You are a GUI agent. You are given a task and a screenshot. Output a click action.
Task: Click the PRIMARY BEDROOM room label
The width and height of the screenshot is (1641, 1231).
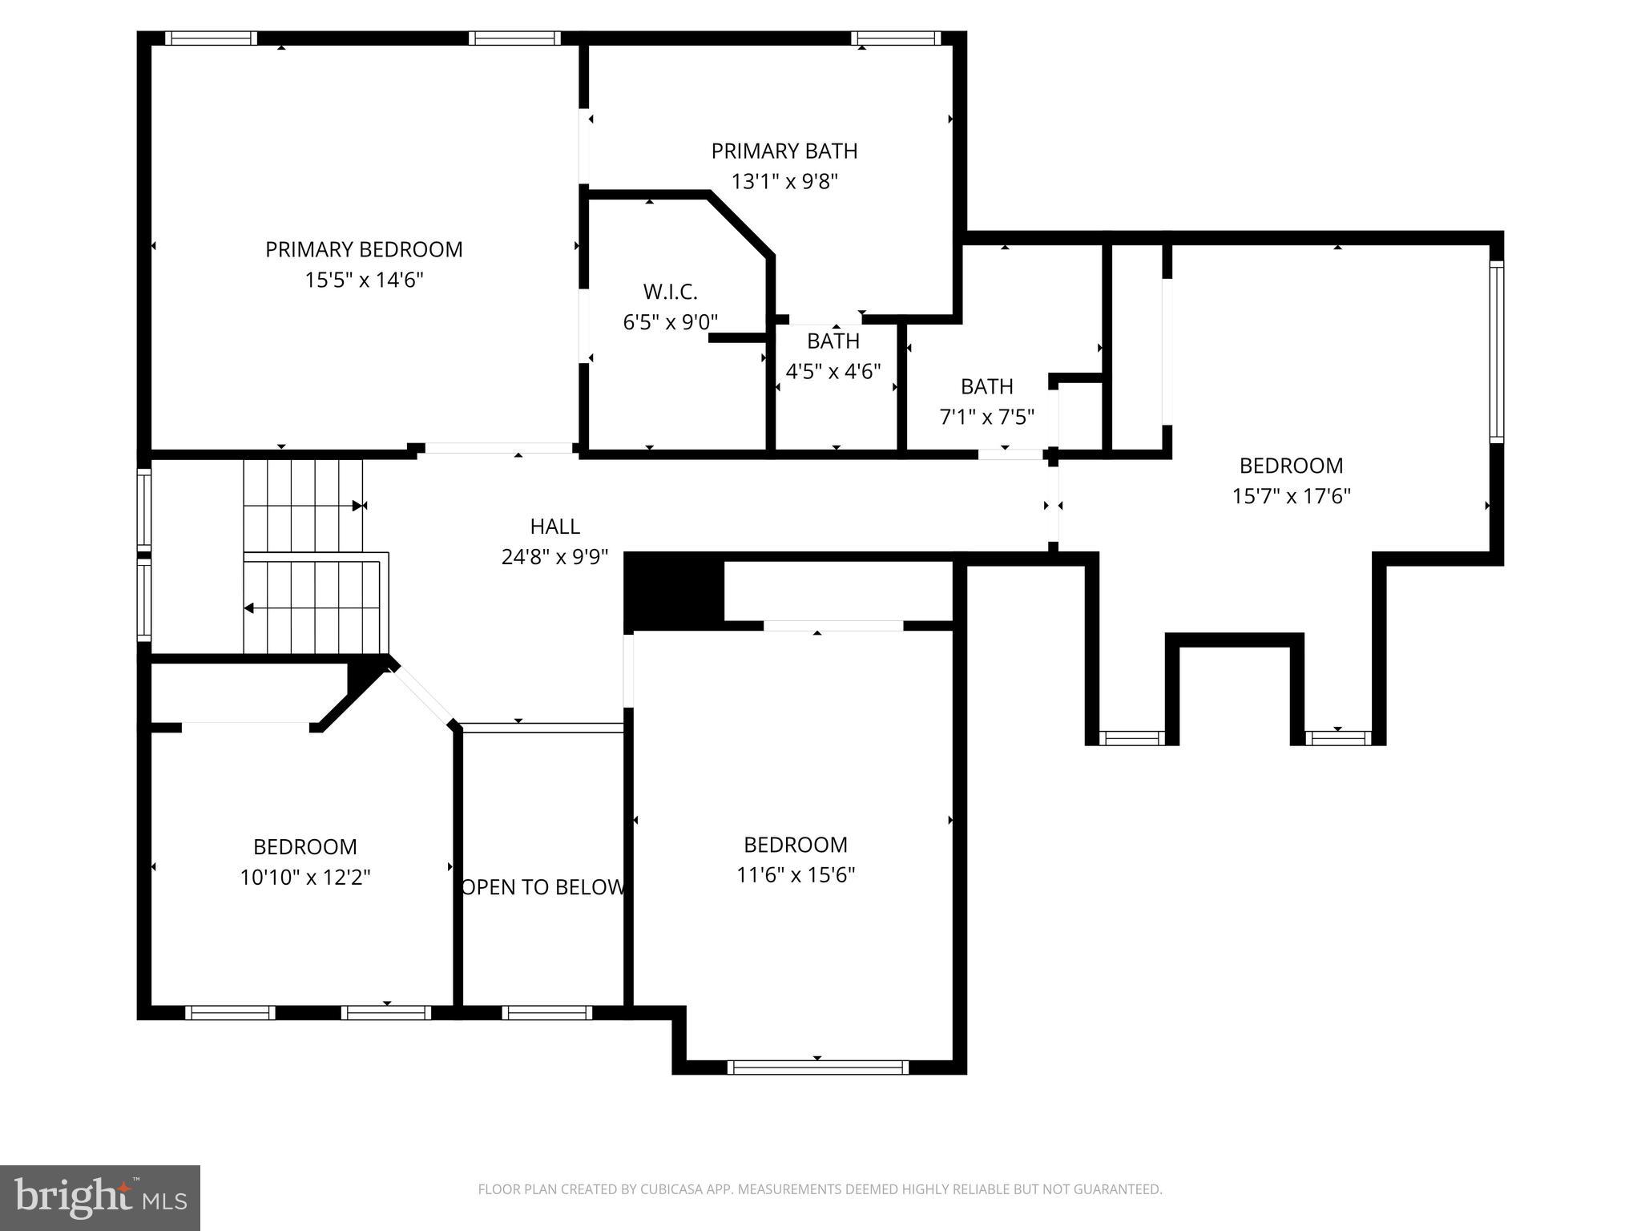point(364,249)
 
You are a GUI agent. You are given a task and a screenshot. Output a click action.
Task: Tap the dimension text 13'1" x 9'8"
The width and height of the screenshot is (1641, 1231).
point(784,181)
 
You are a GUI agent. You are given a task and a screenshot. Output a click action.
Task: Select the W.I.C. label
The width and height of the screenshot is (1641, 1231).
point(670,292)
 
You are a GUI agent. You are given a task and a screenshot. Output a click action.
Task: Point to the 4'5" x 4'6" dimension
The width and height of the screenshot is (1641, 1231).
point(833,371)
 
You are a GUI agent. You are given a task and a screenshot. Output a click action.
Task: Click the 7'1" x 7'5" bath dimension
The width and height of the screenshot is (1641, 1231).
point(986,417)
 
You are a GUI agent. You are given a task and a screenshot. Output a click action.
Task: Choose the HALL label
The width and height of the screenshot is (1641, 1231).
point(554,527)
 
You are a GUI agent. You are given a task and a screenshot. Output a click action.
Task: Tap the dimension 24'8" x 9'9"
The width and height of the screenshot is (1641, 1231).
point(554,556)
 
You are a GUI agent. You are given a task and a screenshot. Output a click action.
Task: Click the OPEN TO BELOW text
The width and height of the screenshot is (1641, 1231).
point(543,887)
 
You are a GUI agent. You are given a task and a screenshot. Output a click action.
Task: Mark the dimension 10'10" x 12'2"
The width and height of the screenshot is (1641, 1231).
point(305,878)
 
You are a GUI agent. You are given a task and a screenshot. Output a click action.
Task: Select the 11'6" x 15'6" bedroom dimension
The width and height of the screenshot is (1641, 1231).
point(796,874)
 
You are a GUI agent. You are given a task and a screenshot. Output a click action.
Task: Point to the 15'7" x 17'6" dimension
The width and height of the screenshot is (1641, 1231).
point(1291,496)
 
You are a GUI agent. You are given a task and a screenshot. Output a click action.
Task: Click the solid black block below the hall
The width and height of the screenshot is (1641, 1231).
point(674,591)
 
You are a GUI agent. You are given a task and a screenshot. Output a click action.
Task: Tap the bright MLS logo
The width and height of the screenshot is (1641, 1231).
point(100,1198)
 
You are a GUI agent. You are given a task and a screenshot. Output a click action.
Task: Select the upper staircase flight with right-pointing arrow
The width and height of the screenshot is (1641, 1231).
point(303,505)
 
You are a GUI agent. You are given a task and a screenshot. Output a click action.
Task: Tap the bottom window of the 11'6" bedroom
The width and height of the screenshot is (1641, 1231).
point(817,1067)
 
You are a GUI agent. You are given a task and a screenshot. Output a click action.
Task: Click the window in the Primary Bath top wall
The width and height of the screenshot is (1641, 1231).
point(896,38)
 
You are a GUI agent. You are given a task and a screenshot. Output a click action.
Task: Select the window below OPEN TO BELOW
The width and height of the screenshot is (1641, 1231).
point(547,1013)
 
